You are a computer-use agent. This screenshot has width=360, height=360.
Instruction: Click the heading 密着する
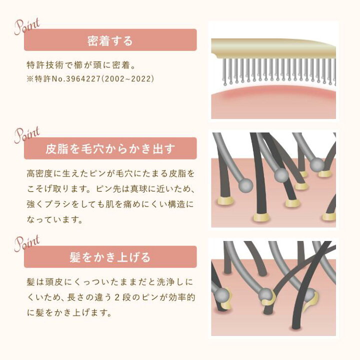pyautogui.click(x=110, y=41)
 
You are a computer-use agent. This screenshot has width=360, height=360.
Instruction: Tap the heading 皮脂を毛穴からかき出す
pyautogui.click(x=110, y=149)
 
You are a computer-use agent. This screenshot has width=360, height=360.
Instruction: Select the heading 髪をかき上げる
pyautogui.click(x=110, y=257)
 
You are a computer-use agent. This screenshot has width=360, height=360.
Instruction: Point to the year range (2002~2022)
pyautogui.click(x=127, y=79)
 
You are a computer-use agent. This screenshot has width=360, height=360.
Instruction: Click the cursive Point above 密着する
pyautogui.click(x=27, y=26)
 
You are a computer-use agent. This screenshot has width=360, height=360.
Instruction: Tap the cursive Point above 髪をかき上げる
pyautogui.click(x=27, y=243)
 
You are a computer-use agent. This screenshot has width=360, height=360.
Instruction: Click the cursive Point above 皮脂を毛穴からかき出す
pyautogui.click(x=27, y=135)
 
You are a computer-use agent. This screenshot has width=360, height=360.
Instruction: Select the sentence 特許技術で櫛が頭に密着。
pyautogui.click(x=81, y=65)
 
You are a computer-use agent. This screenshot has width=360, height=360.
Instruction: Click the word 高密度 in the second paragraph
pyautogui.click(x=39, y=173)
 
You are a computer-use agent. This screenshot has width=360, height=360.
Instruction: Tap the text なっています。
pyautogui.click(x=54, y=220)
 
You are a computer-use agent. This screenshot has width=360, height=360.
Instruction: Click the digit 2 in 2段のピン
pyautogui.click(x=117, y=297)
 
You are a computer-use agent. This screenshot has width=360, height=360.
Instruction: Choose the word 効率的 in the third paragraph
pyautogui.click(x=182, y=297)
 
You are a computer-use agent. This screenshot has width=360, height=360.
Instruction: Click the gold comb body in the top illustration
pyautogui.click(x=273, y=48)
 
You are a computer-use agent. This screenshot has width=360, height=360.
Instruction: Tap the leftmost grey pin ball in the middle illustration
pyautogui.click(x=245, y=185)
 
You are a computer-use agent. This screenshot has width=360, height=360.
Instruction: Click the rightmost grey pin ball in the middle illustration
pyautogui.click(x=317, y=165)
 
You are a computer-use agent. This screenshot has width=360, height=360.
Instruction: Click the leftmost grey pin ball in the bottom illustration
pyautogui.click(x=222, y=295)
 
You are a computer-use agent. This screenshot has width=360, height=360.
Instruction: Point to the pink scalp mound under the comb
pyautogui.click(x=273, y=103)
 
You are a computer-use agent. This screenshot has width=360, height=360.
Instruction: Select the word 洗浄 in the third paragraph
pyautogui.click(x=166, y=282)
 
